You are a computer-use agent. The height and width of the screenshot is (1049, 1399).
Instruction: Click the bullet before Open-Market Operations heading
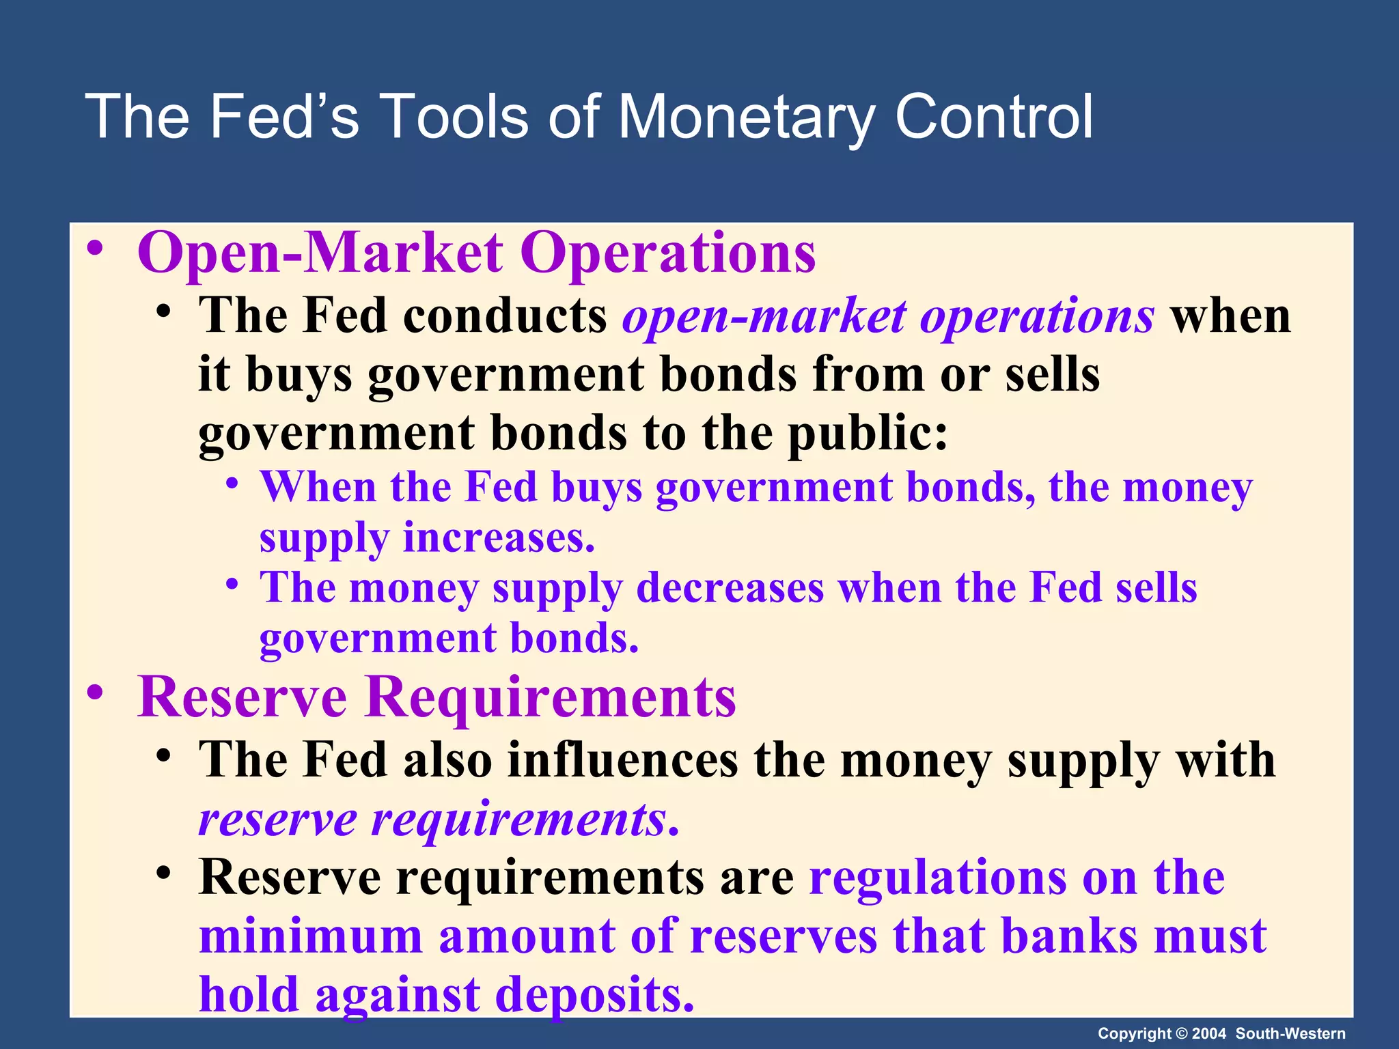pyautogui.click(x=95, y=249)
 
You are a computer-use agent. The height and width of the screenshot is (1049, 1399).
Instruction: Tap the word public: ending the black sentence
pyautogui.click(x=868, y=434)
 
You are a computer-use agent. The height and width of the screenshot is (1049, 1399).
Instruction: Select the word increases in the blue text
pyautogui.click(x=499, y=538)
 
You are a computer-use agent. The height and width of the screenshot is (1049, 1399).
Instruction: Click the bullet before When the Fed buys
pyautogui.click(x=233, y=484)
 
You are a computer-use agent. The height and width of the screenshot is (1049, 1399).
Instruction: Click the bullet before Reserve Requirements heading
pyautogui.click(x=95, y=693)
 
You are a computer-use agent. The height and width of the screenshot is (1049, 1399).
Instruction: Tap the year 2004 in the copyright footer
pyautogui.click(x=1208, y=1033)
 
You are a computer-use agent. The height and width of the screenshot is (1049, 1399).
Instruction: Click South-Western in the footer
pyautogui.click(x=1290, y=1033)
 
